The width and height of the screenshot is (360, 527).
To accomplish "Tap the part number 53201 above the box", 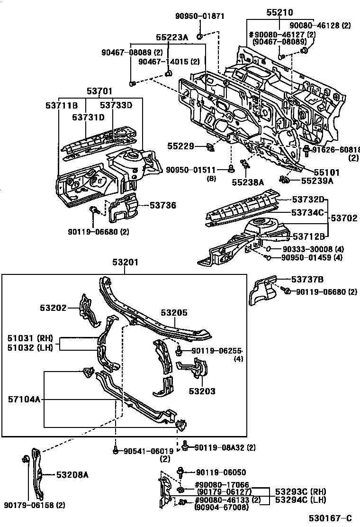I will [x=126, y=263].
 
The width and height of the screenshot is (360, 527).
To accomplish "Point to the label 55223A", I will [x=172, y=37].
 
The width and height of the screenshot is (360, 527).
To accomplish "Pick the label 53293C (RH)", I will [x=301, y=491].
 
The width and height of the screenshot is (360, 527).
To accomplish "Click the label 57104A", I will [x=23, y=400].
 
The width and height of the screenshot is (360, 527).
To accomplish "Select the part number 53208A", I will [x=72, y=474].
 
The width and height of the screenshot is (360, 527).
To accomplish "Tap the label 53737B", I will [x=307, y=280].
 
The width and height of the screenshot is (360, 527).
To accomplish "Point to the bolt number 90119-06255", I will [x=216, y=351].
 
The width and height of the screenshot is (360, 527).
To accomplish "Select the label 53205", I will [x=174, y=313].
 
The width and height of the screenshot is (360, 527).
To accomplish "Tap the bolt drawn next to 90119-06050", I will [x=180, y=472].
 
